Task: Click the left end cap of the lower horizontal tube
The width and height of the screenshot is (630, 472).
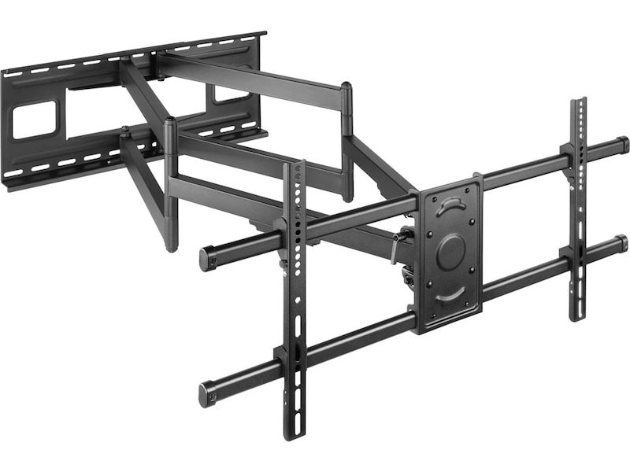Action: tap(207, 393)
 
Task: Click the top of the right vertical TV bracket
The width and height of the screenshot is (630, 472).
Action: tap(579, 102)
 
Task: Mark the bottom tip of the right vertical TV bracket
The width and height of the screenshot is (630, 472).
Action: tap(579, 316)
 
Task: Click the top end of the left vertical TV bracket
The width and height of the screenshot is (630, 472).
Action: tap(298, 165)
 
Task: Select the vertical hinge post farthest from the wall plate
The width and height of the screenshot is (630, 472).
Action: tap(346, 142)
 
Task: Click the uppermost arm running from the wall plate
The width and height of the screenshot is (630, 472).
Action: tap(252, 79)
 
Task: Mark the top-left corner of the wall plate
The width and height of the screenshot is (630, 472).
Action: tap(4, 72)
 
